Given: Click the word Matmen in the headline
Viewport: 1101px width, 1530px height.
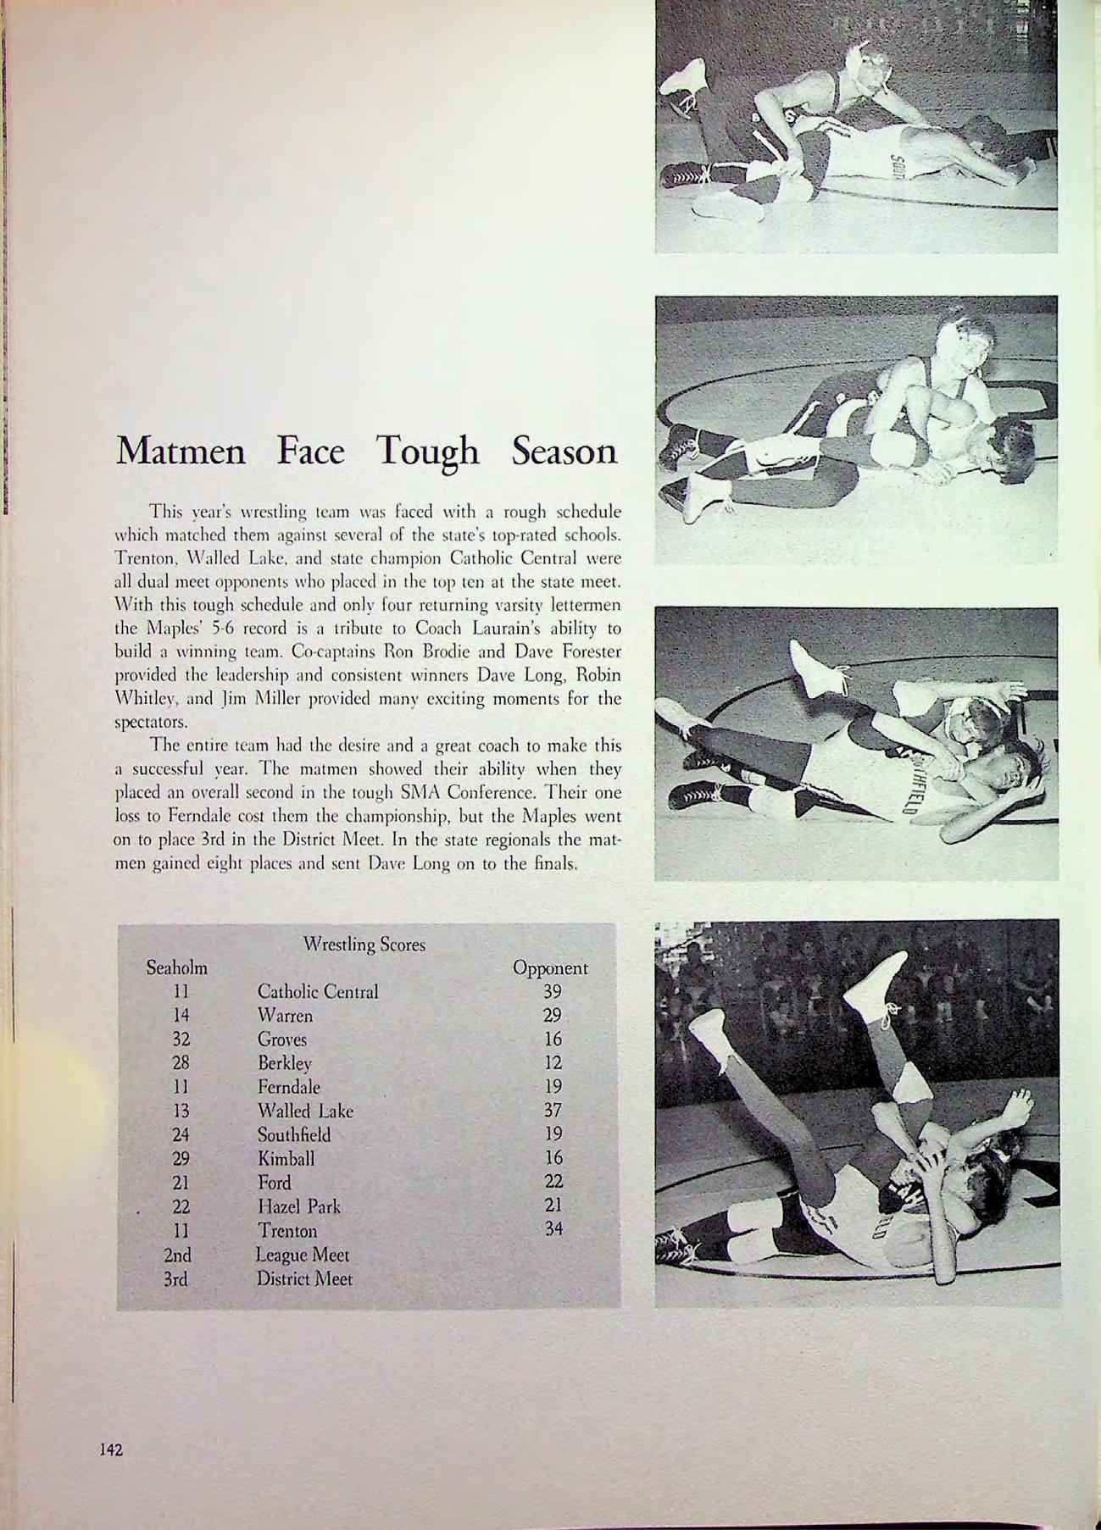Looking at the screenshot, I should pos(181,452).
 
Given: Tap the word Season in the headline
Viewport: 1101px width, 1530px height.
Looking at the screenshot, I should pos(563,452).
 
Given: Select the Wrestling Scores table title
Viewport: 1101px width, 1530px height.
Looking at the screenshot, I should pos(364,944).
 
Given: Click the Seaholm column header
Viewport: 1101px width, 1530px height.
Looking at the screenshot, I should pos(177,967).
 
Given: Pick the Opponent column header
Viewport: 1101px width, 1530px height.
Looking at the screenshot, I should pos(550,967).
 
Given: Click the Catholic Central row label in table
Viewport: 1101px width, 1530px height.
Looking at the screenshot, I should pos(318,992).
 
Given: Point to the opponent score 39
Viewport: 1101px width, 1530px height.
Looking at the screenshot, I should pos(553,992).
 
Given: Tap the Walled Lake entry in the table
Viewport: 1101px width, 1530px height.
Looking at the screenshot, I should pos(305,1111).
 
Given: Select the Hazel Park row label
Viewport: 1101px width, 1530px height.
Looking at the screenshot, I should pos(299,1206).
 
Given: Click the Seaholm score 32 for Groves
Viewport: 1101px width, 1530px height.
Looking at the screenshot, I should pos(180,1039).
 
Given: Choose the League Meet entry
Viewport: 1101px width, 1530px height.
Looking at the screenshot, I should pos(303,1256).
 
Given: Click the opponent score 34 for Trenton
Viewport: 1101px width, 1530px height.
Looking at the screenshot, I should pos(553,1228).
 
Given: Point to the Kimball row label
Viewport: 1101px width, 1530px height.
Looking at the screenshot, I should pos(286,1159).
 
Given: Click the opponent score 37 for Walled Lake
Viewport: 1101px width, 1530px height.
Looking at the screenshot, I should pos(553,1111).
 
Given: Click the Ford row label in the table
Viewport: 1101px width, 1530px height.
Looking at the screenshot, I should pos(274,1183).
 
